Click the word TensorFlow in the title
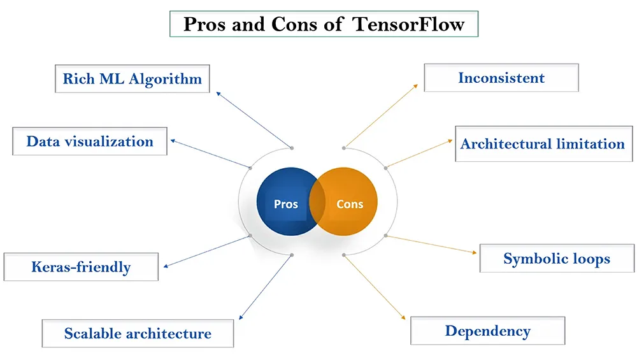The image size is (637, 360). pos(408,24)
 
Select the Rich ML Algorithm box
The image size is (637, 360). pos(132,79)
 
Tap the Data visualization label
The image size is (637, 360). pos(90,141)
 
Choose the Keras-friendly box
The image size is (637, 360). pos(82,266)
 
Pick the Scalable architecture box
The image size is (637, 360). pos(138,334)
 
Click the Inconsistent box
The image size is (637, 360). pos(501,78)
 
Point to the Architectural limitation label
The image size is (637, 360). pos(542,144)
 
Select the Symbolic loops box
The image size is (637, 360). pos(557,259)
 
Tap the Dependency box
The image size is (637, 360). pos(487,331)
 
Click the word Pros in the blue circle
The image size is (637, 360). pos(286,204)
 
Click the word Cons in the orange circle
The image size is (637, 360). pos(350,204)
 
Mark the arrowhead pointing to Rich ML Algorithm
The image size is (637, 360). pos(218,94)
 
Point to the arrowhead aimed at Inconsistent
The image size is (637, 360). pos(415,86)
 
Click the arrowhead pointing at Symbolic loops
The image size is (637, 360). pos(475,252)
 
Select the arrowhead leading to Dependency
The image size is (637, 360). pos(403,317)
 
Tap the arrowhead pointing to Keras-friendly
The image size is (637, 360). pos(166,266)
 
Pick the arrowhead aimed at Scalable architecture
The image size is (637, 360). pos(241,317)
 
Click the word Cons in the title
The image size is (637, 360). pos(294,24)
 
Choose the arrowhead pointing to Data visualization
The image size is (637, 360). pos(173,141)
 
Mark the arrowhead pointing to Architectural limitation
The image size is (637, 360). pos(450,141)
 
